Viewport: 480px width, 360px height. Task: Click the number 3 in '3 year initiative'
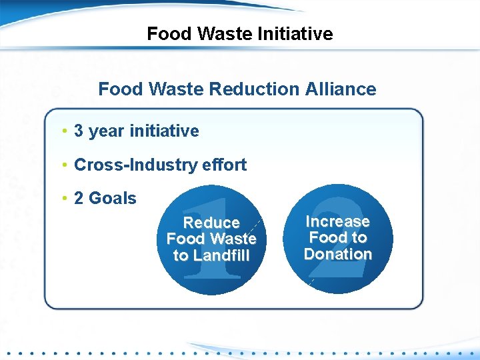[79, 131]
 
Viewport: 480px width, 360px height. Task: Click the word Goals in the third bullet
[112, 198]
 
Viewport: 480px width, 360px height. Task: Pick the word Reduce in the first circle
[211, 223]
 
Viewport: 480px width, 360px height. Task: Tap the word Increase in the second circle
[337, 221]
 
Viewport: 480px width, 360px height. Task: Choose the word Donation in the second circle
[337, 254]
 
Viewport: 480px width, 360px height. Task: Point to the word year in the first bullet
[106, 131]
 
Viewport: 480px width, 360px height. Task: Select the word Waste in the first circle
[233, 239]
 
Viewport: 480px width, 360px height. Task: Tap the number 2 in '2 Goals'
[79, 198]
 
